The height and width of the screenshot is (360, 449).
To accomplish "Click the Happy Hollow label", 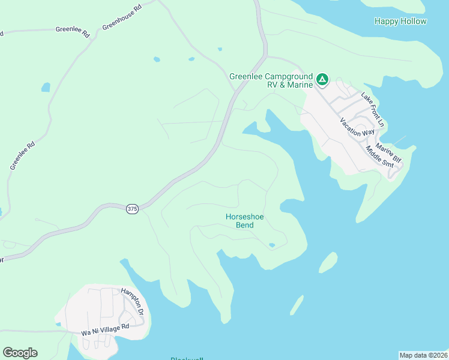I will [400, 22].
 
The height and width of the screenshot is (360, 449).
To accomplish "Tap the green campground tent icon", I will [322, 79].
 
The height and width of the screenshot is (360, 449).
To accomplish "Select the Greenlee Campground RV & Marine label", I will [271, 80].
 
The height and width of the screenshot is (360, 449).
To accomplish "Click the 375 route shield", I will [133, 209].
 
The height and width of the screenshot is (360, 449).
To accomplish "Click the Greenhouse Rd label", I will [121, 17].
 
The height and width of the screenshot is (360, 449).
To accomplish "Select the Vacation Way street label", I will [357, 127].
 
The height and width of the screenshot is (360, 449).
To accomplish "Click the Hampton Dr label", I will [133, 302].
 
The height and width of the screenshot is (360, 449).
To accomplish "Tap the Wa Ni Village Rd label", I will [106, 330].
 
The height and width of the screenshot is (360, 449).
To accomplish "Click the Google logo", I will [20, 353].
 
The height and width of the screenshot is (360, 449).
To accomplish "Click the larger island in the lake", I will [327, 262].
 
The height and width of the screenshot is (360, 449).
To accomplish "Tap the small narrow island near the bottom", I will [297, 305].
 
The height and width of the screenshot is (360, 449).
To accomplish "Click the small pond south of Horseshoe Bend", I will [272, 245].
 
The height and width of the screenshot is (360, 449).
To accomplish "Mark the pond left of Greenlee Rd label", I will [46, 87].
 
